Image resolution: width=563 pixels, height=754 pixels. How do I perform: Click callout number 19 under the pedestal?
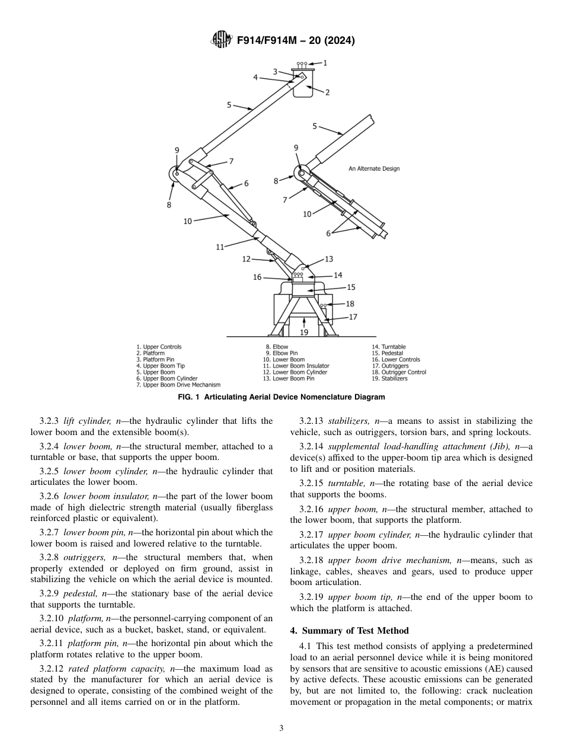click(x=304, y=333)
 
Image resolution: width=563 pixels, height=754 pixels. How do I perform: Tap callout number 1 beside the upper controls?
click(x=325, y=62)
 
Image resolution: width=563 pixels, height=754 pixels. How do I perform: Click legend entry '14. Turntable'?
click(x=389, y=347)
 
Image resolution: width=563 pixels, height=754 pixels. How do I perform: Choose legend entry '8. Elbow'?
click(x=277, y=347)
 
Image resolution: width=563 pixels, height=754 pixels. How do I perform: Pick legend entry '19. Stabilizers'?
click(x=390, y=379)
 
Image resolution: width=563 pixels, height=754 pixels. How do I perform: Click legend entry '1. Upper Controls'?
click(x=159, y=347)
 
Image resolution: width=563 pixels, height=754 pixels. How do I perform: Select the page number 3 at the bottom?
click(x=281, y=729)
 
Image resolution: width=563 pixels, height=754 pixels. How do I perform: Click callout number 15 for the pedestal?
click(x=351, y=287)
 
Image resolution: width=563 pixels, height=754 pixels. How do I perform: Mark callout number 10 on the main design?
click(x=187, y=221)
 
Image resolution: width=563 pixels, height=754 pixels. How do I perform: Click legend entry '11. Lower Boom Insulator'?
click(x=297, y=366)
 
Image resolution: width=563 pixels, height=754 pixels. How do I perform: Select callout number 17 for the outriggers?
click(x=353, y=317)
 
